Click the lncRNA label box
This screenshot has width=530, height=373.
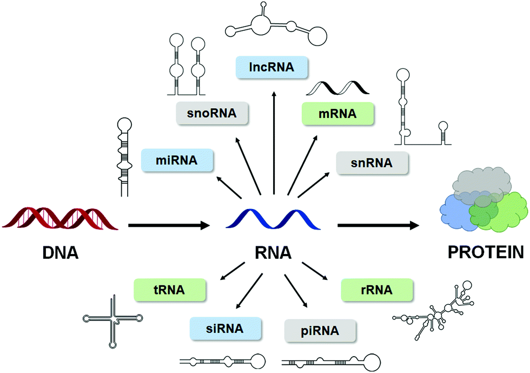point(271,68)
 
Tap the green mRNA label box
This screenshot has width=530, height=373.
point(337,114)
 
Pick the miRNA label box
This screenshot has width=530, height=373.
point(176,160)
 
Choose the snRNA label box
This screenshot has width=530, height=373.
point(372,162)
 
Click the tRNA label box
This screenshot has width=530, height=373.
point(171,290)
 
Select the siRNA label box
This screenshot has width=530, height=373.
point(225,328)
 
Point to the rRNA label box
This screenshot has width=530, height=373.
point(377,290)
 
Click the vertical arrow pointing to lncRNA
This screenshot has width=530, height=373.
point(274,141)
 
